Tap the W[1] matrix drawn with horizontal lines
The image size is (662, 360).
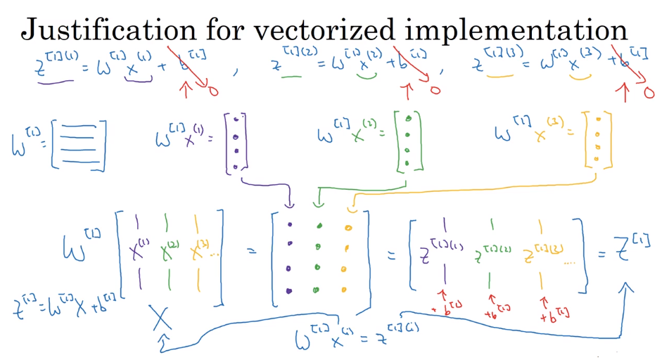tap(79, 143)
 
